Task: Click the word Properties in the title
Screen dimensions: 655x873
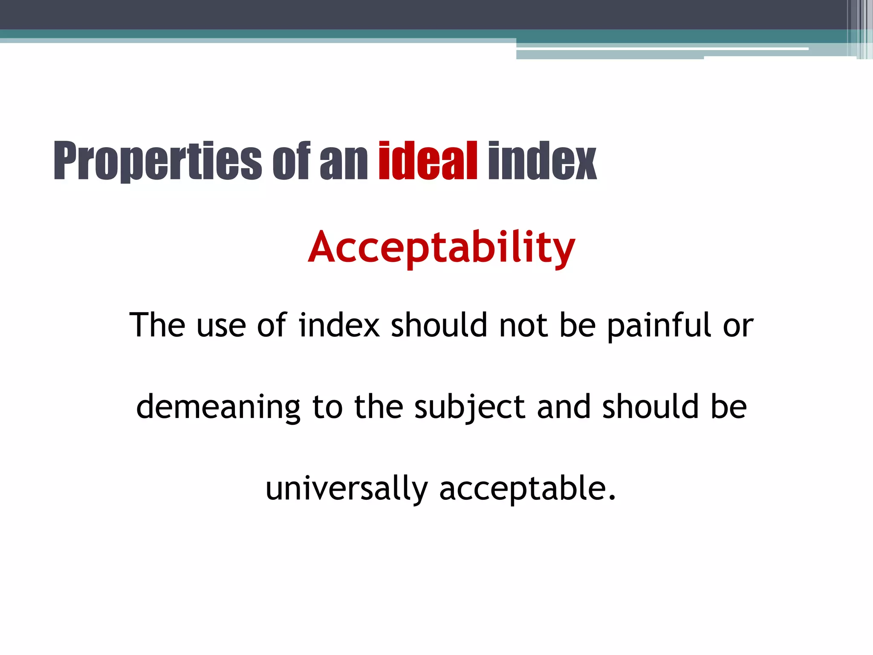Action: point(157,161)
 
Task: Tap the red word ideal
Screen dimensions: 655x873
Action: point(428,161)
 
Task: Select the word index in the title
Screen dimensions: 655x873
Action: point(542,161)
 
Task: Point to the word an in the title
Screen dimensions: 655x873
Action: point(344,161)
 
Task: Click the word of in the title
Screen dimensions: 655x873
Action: point(291,161)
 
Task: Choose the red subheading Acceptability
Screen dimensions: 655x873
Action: point(442,247)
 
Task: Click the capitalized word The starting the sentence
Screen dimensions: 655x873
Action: point(157,325)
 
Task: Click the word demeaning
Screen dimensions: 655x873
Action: point(218,408)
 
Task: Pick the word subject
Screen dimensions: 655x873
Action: point(469,408)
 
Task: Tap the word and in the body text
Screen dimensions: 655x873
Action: point(563,407)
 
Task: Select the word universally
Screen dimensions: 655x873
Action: point(346,489)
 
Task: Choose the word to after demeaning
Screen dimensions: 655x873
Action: point(327,408)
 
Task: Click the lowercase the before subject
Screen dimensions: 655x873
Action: point(379,407)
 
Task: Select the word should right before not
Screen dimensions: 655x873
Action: point(439,325)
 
